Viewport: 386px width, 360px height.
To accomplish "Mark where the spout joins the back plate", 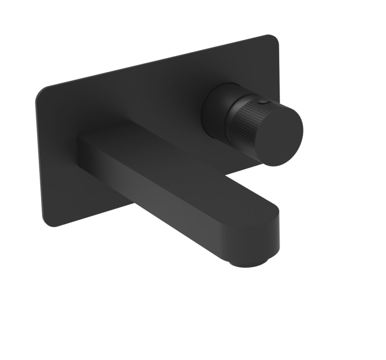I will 82,151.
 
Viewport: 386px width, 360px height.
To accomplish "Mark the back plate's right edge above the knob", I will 279,65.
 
